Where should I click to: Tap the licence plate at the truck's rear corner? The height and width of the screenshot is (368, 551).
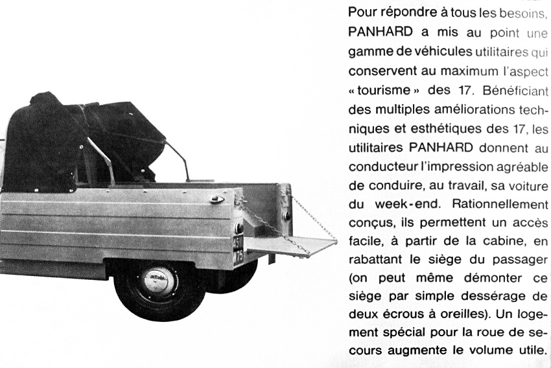point(238,250)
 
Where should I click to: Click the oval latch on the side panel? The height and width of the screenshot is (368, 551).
point(217,199)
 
